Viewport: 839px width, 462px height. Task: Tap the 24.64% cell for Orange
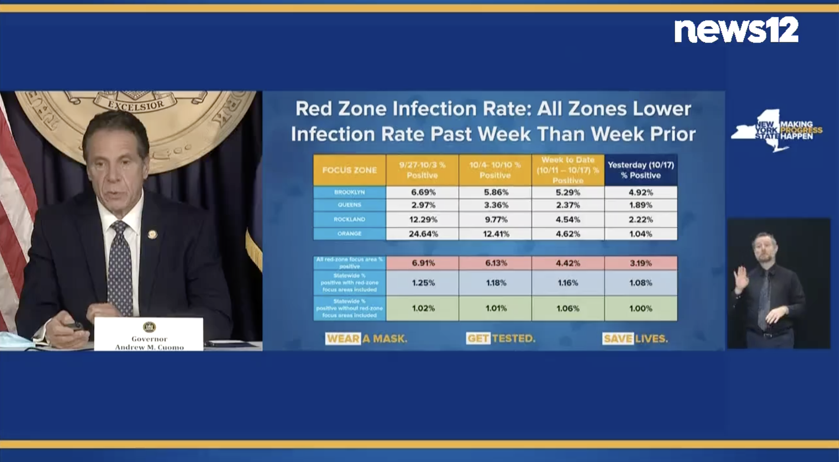(x=423, y=234)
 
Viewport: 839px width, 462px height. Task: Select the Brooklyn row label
(x=349, y=192)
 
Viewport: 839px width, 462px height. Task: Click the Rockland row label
(x=349, y=219)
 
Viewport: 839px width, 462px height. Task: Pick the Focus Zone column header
(x=349, y=170)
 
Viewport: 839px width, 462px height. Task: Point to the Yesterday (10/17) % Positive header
(x=641, y=170)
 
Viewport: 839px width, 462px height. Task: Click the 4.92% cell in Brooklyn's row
(x=641, y=192)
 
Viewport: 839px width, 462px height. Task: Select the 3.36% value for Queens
(x=495, y=205)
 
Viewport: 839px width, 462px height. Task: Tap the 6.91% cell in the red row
(x=423, y=263)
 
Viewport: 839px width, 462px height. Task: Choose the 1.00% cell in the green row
(x=641, y=308)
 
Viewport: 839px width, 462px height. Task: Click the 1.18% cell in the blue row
(x=495, y=283)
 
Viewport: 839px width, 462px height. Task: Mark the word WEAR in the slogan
(x=343, y=338)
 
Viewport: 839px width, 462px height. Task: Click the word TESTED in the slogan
(x=514, y=338)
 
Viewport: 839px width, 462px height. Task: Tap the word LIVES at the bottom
(x=651, y=338)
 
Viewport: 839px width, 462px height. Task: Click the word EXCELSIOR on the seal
(x=136, y=104)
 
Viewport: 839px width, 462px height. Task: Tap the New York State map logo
(x=754, y=133)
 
